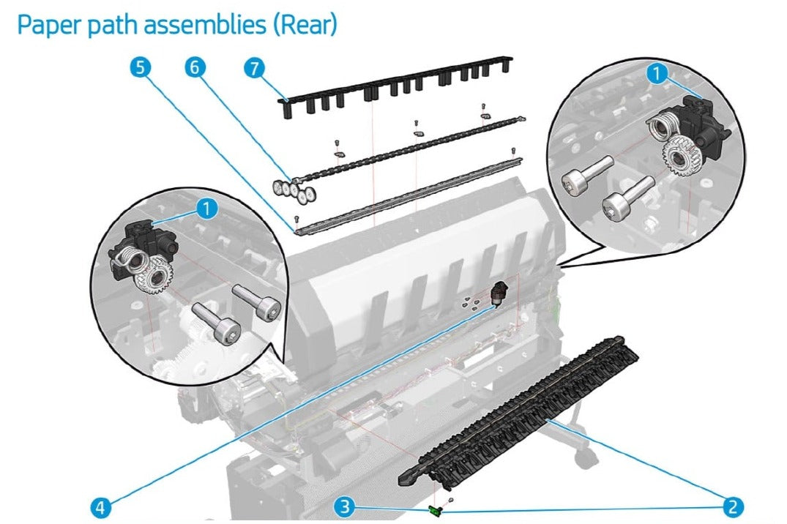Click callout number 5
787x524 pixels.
pos(141,67)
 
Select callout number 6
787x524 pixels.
pos(194,67)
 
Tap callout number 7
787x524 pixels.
pos(252,67)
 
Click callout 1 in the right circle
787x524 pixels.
pos(658,72)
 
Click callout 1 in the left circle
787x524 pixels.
pos(207,209)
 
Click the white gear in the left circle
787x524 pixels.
pos(154,279)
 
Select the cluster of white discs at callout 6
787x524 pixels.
pos(294,189)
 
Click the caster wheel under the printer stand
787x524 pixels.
pos(583,459)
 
